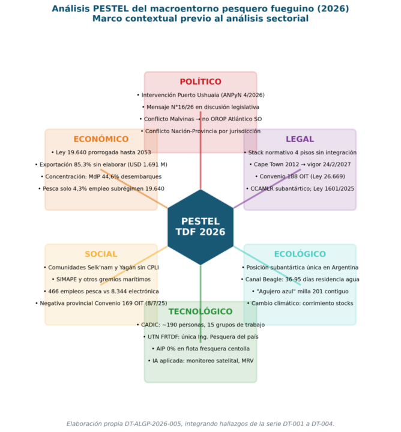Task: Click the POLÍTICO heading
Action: coord(200,82)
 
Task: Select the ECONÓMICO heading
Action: coord(101,139)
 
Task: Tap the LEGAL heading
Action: coord(300,139)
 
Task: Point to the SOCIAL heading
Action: coord(101,254)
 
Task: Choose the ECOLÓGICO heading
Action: coord(300,254)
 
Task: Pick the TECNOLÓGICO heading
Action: coord(200,311)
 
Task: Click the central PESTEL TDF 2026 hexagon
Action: coord(200,227)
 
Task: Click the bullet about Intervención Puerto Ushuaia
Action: coord(200,95)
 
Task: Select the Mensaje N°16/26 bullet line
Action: coord(200,107)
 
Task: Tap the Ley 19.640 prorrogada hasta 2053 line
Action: coord(101,152)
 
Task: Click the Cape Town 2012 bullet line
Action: coord(300,164)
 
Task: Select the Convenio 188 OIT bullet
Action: coord(300,176)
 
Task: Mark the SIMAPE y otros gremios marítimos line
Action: coord(101,280)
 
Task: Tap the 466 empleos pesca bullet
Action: coord(101,292)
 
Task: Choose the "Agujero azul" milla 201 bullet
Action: coord(300,292)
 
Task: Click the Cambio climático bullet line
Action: coord(300,304)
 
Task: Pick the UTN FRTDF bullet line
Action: coord(200,337)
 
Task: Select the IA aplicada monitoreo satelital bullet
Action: coord(200,361)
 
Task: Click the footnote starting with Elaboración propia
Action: coord(200,424)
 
